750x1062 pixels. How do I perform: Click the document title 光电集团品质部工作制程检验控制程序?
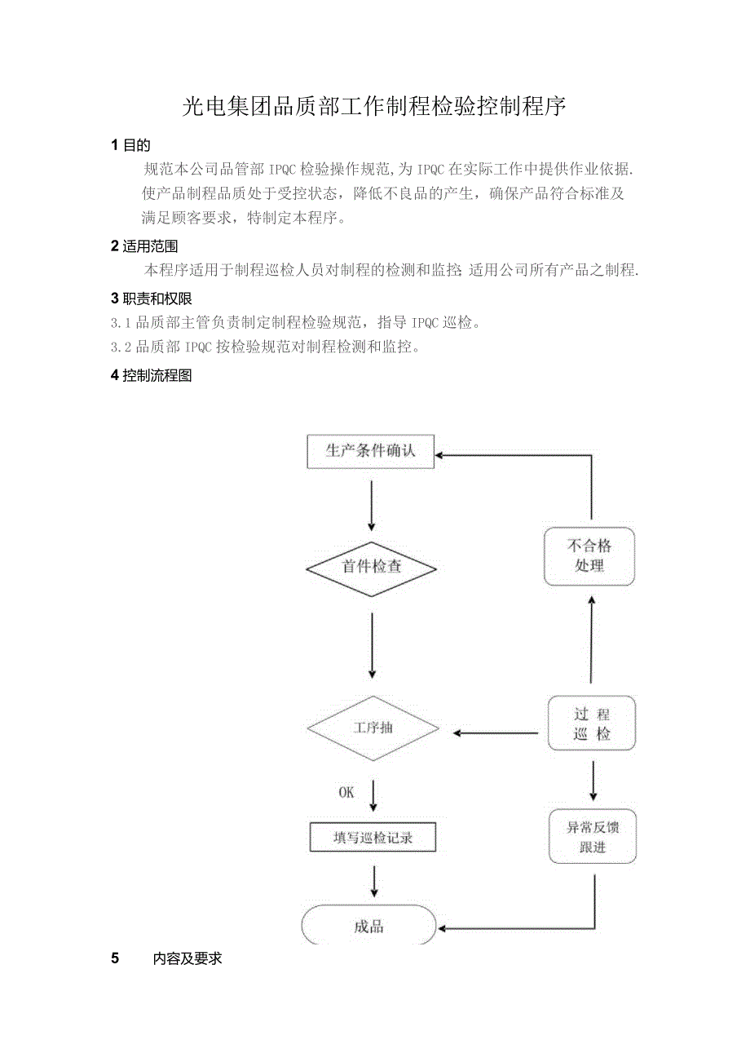(374, 106)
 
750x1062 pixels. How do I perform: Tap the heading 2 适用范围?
(143, 246)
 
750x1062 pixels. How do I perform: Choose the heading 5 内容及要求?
(166, 958)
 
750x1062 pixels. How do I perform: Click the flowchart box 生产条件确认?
(370, 451)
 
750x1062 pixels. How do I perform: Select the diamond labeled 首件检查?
(371, 567)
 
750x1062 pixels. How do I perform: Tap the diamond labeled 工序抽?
(373, 728)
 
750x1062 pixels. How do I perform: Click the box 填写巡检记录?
(373, 838)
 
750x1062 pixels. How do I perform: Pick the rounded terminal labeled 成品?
(368, 927)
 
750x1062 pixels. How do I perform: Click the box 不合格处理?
(589, 555)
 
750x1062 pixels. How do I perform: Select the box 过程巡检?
(591, 723)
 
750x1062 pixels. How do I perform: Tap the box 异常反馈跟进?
(593, 837)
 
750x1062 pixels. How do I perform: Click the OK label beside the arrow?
(346, 792)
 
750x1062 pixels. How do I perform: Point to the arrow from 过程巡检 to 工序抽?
(497, 732)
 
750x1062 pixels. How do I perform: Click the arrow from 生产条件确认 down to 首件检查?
(372, 506)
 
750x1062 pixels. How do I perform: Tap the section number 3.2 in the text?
(121, 347)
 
